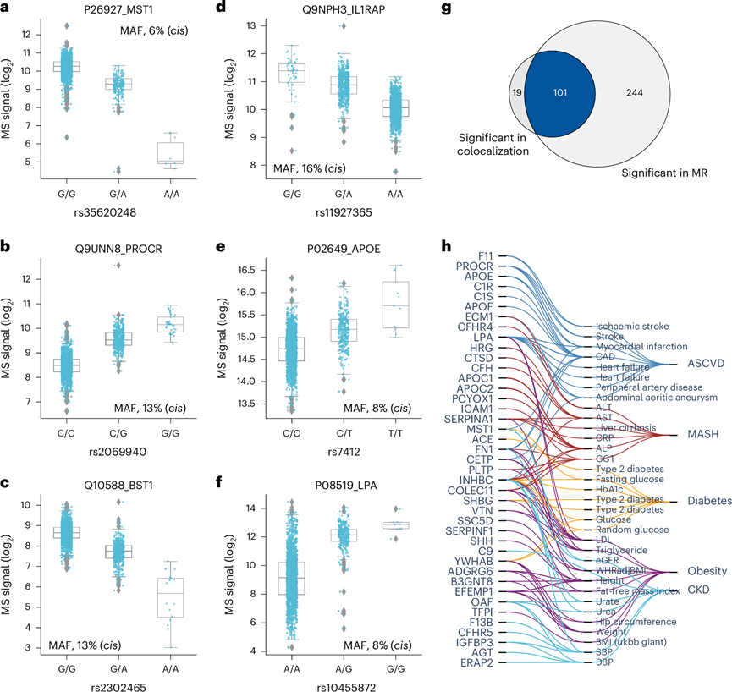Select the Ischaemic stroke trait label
point(630,326)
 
